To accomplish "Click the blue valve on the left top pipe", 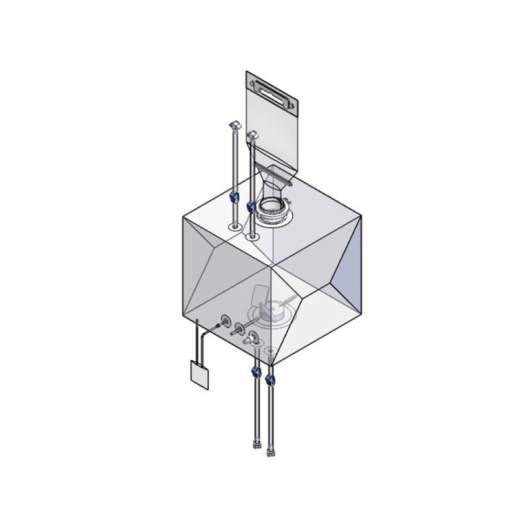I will [234, 196].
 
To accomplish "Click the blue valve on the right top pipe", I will [250, 207].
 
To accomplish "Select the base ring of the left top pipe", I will [234, 227].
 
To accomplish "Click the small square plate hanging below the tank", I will [198, 374].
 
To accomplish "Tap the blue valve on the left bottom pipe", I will [254, 375].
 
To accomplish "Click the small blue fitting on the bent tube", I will [217, 326].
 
